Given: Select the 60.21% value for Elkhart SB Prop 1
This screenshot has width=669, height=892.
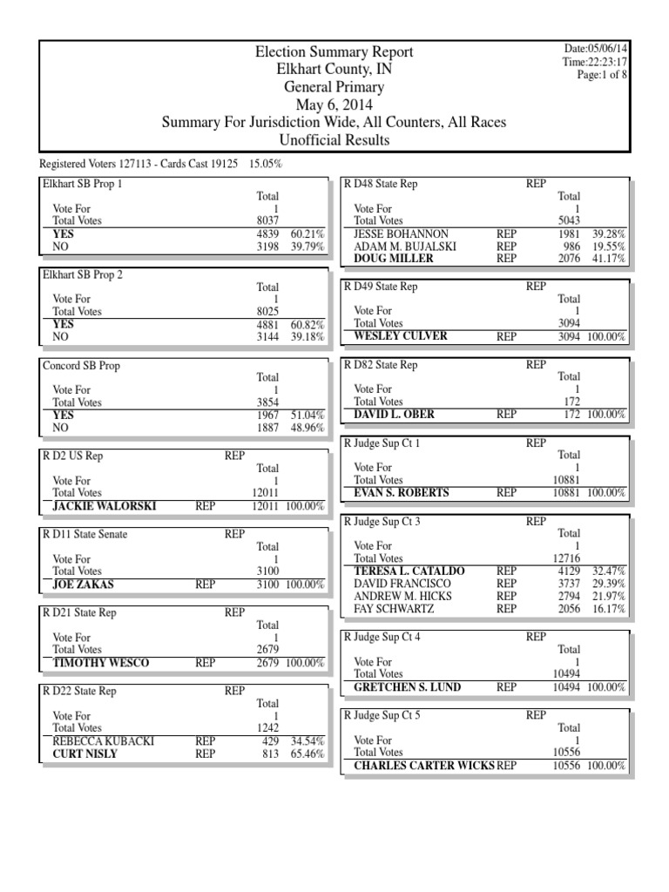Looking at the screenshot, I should [x=307, y=234].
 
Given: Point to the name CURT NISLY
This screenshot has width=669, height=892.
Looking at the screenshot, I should [x=84, y=753].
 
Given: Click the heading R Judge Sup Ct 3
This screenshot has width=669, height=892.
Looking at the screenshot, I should [x=382, y=522].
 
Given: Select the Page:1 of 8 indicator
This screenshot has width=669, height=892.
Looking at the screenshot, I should [x=602, y=75].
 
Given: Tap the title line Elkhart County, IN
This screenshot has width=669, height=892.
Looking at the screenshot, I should [x=334, y=70].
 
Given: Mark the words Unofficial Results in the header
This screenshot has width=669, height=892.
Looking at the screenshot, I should [x=334, y=140].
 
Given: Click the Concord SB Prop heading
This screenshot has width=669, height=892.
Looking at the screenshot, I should [x=81, y=366].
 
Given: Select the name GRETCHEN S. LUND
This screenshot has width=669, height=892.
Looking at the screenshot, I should [x=408, y=687].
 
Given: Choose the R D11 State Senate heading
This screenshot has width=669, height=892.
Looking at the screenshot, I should [x=84, y=535].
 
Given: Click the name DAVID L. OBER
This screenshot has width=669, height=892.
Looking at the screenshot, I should [x=395, y=415].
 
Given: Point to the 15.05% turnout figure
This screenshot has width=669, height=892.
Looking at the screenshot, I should [x=266, y=164].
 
